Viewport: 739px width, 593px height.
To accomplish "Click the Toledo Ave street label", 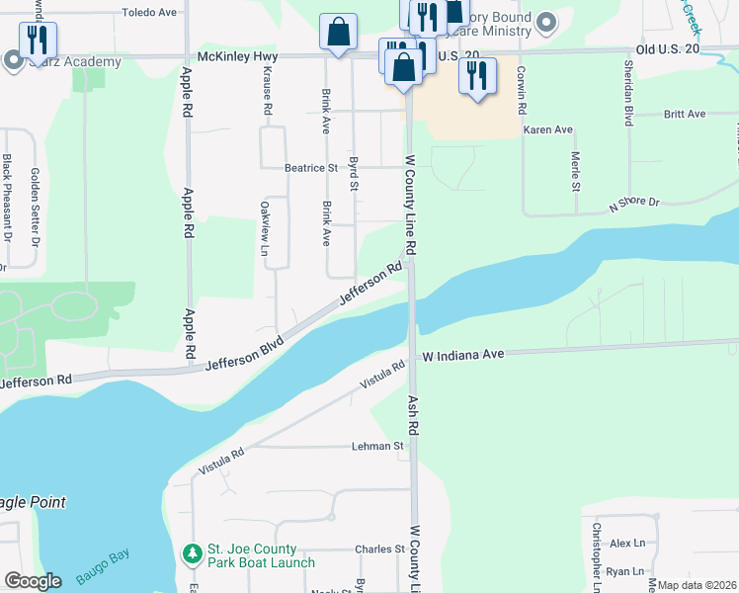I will pos(148,13).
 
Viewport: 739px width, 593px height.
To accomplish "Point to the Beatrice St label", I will pos(311,168).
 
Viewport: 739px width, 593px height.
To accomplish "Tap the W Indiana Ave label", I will pos(463,354).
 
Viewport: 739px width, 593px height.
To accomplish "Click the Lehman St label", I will pos(378,446).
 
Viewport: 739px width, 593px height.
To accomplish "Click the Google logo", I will pos(33,580).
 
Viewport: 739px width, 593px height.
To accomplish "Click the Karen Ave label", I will pos(548,129).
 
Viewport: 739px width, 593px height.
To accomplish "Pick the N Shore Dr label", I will pos(633,202).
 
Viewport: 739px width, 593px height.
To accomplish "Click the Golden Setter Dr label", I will pos(35,205).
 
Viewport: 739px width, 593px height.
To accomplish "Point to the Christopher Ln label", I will pos(596,551).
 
